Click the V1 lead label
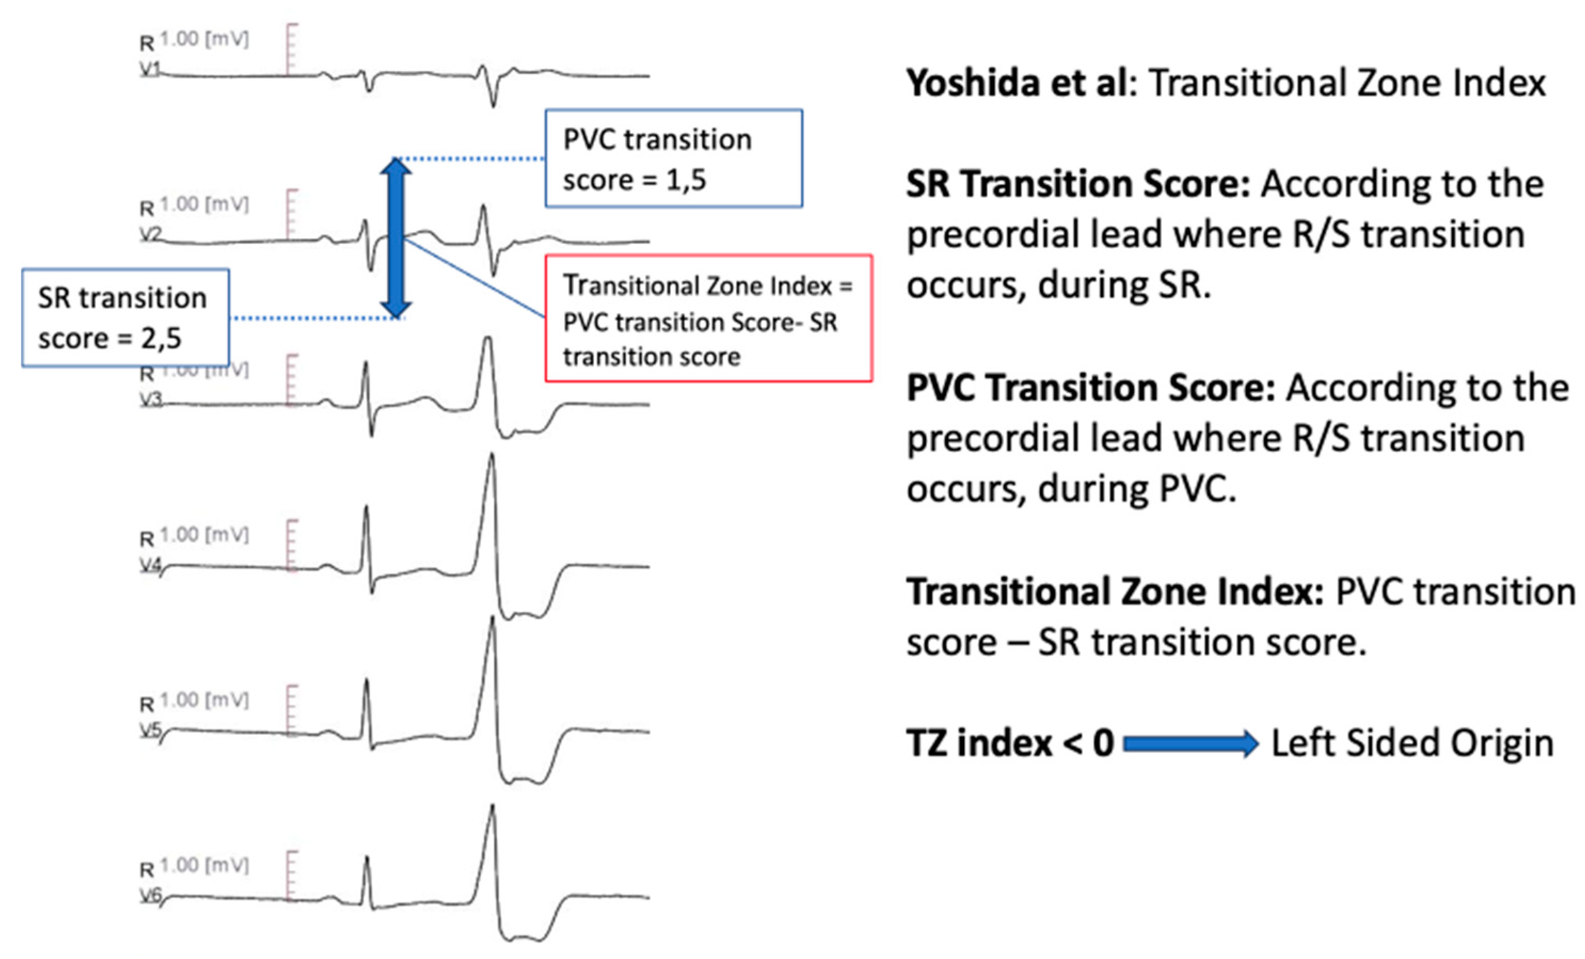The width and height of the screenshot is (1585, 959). (x=150, y=69)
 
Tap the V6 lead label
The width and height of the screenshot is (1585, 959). (x=150, y=896)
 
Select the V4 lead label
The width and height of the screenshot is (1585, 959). (x=150, y=565)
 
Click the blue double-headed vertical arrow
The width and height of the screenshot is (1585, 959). (x=396, y=238)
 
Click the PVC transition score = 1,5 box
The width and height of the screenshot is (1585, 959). (x=674, y=158)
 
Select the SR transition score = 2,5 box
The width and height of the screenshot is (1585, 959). (x=125, y=318)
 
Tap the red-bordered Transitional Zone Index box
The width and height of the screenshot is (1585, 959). (x=708, y=319)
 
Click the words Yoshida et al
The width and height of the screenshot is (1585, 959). (x=1016, y=84)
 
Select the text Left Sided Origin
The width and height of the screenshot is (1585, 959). (x=1413, y=744)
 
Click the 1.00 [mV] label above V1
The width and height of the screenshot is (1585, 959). (x=204, y=39)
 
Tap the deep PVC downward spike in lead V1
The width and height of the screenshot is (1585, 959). (x=493, y=103)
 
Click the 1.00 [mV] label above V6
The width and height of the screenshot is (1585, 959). (x=204, y=865)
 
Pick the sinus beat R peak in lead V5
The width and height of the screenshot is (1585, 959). (x=366, y=682)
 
